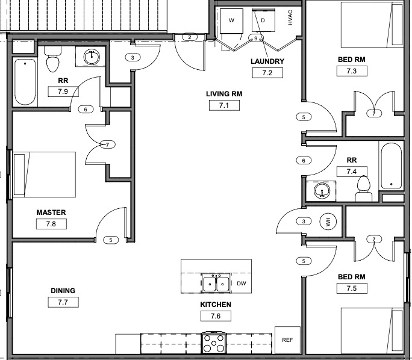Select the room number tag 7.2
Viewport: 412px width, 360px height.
click(x=267, y=73)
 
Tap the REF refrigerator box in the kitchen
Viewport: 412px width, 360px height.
click(x=287, y=340)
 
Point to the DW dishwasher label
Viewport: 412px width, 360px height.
click(x=241, y=283)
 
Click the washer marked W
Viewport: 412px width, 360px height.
click(x=231, y=20)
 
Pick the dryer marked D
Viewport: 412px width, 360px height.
click(x=263, y=20)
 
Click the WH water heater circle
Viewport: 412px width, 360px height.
click(x=328, y=222)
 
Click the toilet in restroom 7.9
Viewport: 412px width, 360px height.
click(x=53, y=61)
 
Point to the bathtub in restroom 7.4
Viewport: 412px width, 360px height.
click(x=391, y=166)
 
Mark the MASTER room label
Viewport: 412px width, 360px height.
click(x=51, y=213)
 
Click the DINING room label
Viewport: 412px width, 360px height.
click(x=63, y=291)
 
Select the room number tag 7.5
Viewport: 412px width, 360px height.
click(x=352, y=288)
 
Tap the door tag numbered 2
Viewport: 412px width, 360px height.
click(x=190, y=37)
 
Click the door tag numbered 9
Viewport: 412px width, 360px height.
click(x=256, y=39)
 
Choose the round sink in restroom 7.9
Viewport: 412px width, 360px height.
click(x=92, y=57)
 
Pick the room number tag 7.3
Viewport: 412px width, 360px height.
click(x=352, y=71)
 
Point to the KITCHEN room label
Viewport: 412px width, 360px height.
click(x=216, y=305)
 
